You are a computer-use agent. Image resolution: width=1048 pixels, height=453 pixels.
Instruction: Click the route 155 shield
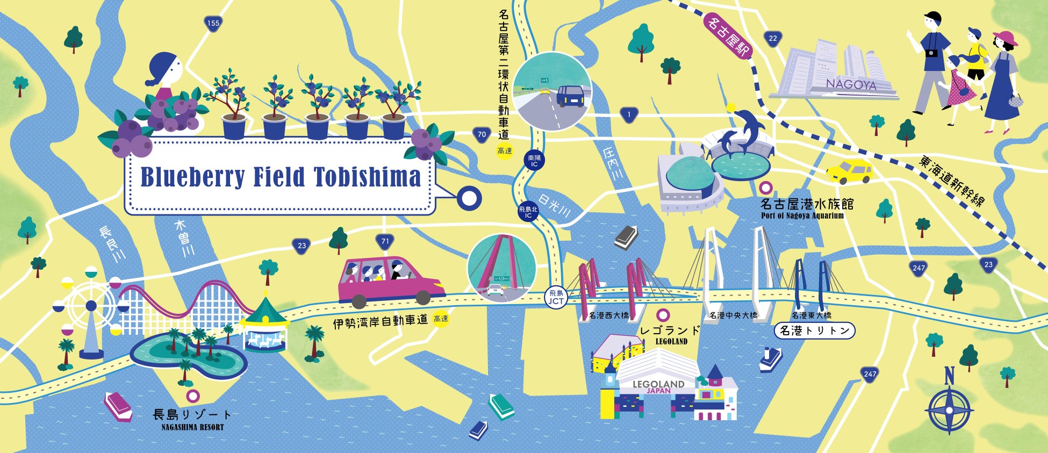coord(213,24)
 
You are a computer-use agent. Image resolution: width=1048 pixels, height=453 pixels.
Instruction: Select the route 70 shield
coord(482,135)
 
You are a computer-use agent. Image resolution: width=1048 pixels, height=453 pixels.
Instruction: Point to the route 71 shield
coord(385,242)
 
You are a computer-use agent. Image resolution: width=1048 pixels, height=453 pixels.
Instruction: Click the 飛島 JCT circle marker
coord(556,297)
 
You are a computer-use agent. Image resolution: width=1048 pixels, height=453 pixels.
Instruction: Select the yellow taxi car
coord(849,171)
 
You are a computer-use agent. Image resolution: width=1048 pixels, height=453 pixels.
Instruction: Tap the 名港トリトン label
coord(814,331)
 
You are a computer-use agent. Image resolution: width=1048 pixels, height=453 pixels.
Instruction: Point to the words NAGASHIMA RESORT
coord(192,428)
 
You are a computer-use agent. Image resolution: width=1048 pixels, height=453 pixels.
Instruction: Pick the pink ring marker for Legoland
coord(664,315)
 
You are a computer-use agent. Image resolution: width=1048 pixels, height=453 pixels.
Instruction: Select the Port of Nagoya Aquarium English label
coord(802,216)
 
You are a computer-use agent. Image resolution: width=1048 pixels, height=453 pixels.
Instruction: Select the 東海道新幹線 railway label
coord(952,181)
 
